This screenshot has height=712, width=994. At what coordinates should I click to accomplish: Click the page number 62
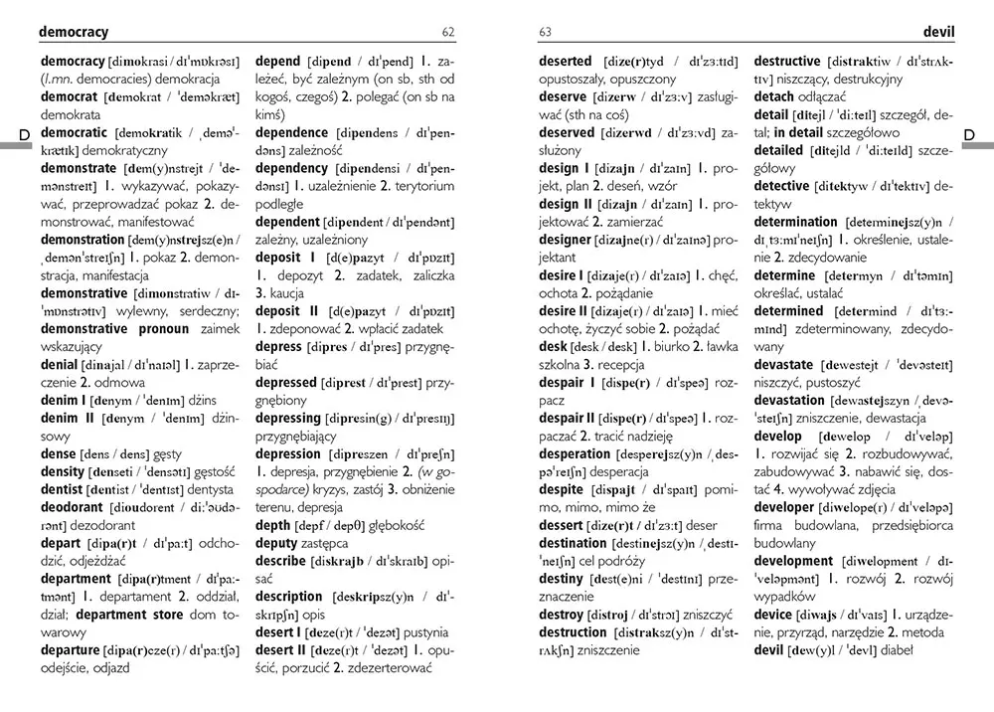click(x=448, y=33)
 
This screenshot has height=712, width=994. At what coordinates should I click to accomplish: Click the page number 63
click(x=545, y=33)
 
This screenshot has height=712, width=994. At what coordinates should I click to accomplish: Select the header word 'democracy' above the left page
click(x=74, y=32)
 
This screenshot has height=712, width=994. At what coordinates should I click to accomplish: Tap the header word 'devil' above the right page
click(x=938, y=32)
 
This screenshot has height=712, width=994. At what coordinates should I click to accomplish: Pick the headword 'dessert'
click(x=561, y=525)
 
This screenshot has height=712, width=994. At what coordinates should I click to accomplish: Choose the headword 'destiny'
click(x=561, y=579)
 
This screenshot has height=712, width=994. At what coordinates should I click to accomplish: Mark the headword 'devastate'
click(x=783, y=365)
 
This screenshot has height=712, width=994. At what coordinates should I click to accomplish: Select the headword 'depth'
click(x=273, y=525)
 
